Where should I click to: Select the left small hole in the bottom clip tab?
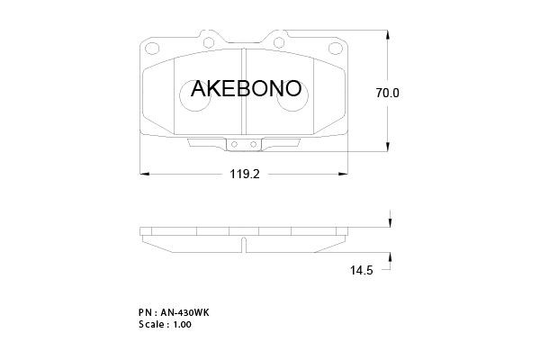click(x=234, y=144)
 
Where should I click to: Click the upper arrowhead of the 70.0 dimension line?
click(x=390, y=34)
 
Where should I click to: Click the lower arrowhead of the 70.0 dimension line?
click(x=390, y=149)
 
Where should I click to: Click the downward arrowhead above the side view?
click(x=390, y=225)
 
